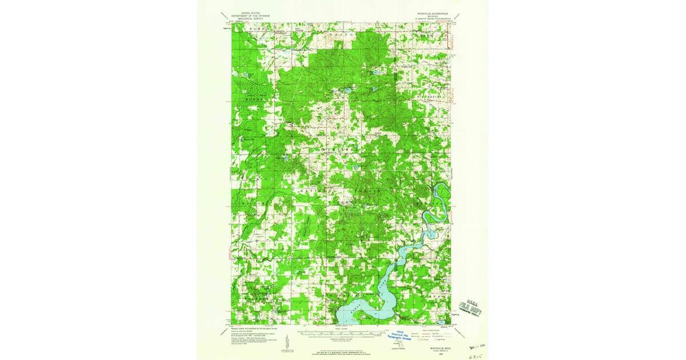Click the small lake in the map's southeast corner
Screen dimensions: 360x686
click(440, 322)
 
